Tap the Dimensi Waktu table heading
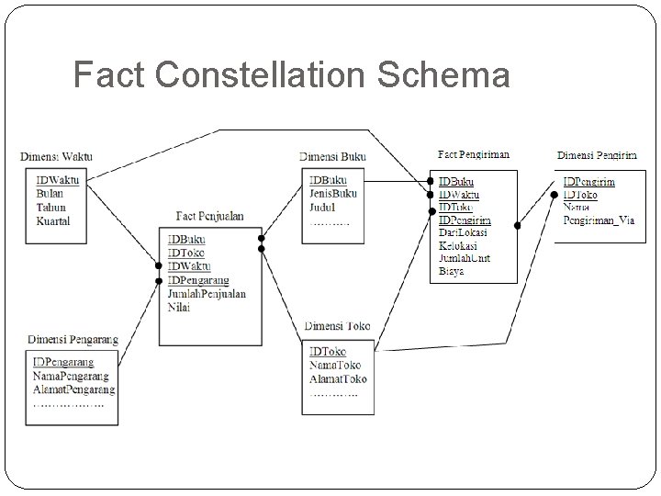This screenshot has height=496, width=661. [56, 157]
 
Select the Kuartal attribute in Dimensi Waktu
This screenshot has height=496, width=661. [53, 221]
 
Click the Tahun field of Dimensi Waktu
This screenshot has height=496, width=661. [51, 208]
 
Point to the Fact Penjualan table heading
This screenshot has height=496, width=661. [210, 217]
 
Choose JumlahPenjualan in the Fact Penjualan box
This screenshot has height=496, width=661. [207, 294]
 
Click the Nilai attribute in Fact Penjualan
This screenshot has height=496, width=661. [179, 308]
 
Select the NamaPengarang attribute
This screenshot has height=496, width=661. [71, 376]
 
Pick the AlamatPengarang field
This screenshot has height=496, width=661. [74, 389]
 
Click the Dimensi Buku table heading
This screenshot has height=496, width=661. [332, 157]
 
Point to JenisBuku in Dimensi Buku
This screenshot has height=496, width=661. [333, 194]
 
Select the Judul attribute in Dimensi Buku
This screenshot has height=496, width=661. [323, 208]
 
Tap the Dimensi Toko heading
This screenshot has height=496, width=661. [337, 326]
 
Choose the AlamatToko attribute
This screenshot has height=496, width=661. [338, 378]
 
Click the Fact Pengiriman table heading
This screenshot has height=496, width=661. [473, 154]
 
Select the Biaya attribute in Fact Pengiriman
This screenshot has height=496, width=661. [452, 272]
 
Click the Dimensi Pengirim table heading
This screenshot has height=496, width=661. [598, 154]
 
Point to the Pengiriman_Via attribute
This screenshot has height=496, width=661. [599, 220]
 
